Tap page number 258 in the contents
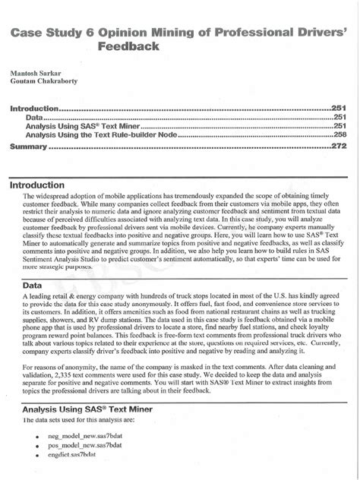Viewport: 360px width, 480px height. coord(339,134)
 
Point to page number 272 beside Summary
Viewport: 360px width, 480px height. coord(339,146)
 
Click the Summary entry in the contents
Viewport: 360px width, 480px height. coord(28,146)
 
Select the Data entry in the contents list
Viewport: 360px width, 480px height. coord(33,118)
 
